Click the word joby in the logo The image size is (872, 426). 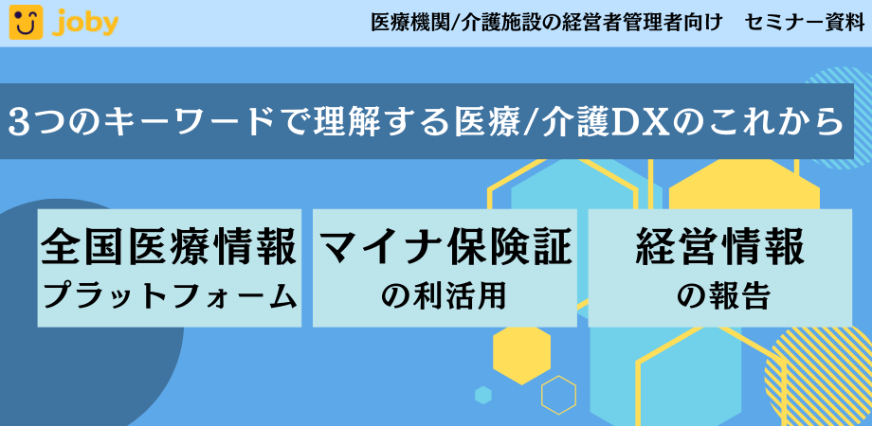[x=86, y=23]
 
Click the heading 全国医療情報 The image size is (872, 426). [x=170, y=246]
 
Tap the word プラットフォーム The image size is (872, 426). [x=170, y=296]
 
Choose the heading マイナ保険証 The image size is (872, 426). [x=445, y=246]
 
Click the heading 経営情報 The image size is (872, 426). [x=720, y=246]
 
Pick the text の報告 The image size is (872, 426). [x=720, y=296]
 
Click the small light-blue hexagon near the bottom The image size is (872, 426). [x=483, y=395]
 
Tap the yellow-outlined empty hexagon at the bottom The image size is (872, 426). [x=558, y=396]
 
